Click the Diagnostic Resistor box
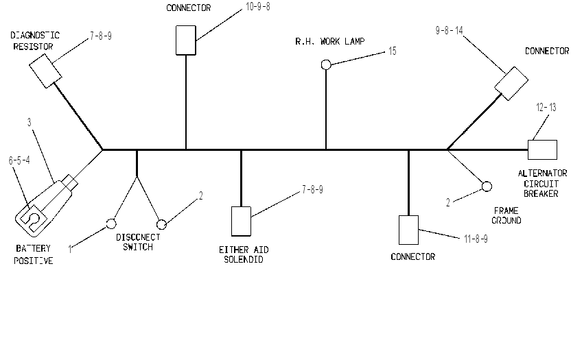tap(45, 71)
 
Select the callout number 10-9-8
tap(258, 7)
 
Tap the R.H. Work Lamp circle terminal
tap(326, 64)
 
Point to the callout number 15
tap(392, 51)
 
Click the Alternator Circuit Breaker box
tap(543, 149)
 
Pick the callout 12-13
tap(546, 108)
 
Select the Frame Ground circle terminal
tap(487, 187)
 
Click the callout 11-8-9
tap(476, 239)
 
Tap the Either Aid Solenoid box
tap(241, 221)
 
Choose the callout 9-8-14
tap(449, 30)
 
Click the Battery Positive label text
tap(33, 254)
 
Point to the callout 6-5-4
tap(19, 160)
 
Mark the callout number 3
tap(29, 123)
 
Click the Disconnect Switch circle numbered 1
tap(111, 224)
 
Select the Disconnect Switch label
tap(138, 242)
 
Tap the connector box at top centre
tap(186, 40)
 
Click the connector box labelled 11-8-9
tap(408, 230)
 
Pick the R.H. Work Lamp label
tap(329, 42)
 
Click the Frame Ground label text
tap(506, 215)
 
